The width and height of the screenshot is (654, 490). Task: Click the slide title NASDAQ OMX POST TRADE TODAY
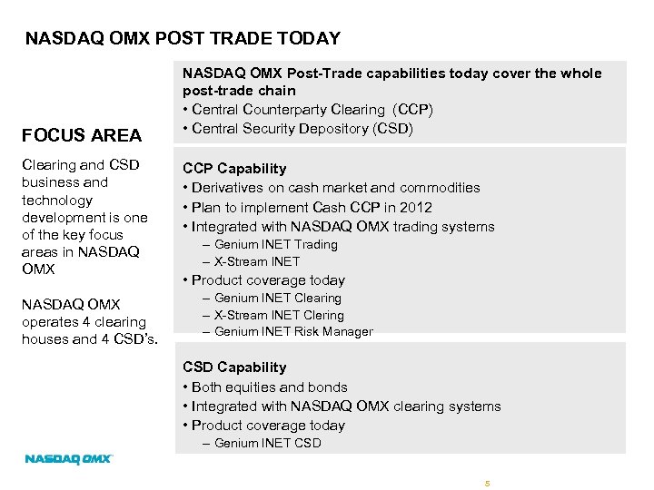183,38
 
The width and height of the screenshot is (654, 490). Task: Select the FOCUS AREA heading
82,135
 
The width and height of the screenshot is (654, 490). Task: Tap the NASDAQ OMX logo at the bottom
68,459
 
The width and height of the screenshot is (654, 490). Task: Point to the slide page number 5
487,482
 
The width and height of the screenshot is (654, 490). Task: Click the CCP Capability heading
234,169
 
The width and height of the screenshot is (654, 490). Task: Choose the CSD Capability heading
234,367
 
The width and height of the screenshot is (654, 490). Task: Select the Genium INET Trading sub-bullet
275,244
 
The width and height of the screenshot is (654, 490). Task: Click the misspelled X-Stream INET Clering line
279,315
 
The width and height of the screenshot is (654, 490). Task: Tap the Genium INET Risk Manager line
293,331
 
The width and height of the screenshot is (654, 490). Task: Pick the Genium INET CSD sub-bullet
267,443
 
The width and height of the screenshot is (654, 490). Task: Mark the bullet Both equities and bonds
264,387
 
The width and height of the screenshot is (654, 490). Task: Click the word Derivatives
231,188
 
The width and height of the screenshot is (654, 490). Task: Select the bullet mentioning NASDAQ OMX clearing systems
342,407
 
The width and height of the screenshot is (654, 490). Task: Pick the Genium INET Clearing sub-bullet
277,298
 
